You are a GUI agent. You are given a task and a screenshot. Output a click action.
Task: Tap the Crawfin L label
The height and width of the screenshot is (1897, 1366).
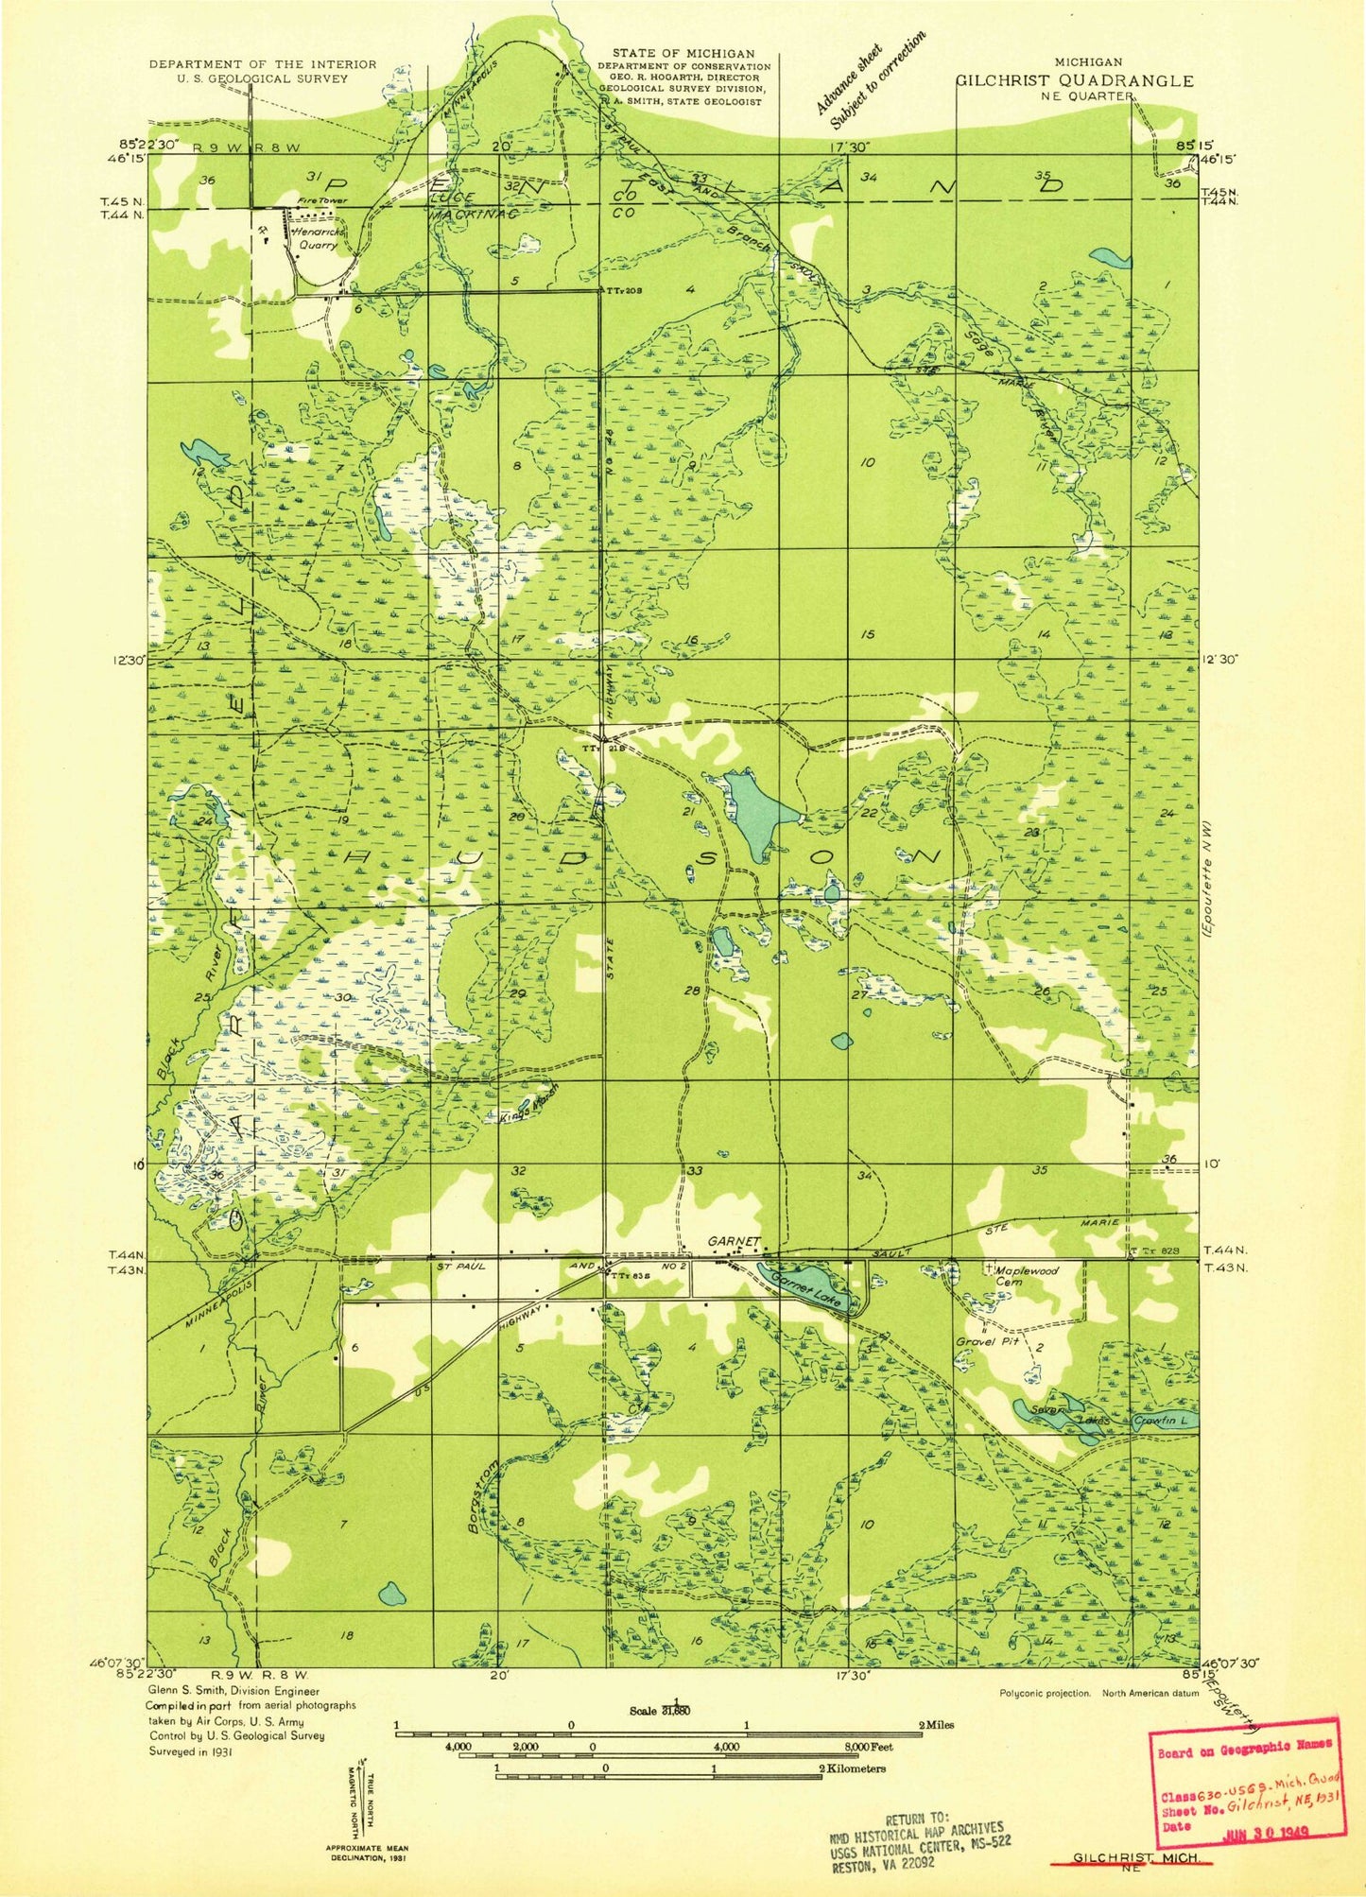(x=1155, y=1420)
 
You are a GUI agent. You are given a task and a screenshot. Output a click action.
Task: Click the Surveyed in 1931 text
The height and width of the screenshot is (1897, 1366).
(x=190, y=1750)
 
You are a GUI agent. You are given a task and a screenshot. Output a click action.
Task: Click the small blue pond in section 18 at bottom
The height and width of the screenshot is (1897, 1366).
(x=390, y=1596)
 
